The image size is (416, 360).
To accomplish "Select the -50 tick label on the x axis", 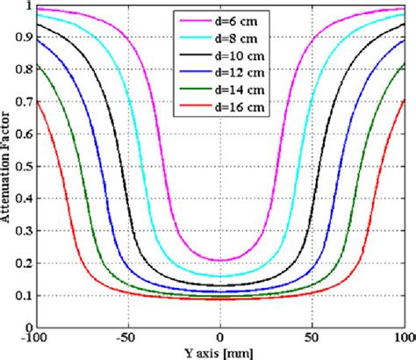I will pyautogui.click(x=128, y=337).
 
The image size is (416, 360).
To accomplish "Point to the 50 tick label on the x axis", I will pyautogui.click(x=312, y=337).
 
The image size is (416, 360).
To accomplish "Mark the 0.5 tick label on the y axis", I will pyautogui.click(x=24, y=166).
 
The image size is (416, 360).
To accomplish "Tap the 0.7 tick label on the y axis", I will pyautogui.click(x=24, y=102).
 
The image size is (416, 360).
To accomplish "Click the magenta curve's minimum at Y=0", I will pyautogui.click(x=220, y=260).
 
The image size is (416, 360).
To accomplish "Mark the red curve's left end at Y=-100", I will pyautogui.click(x=37, y=103).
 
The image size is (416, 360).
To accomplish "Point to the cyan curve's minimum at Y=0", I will pyautogui.click(x=220, y=276).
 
